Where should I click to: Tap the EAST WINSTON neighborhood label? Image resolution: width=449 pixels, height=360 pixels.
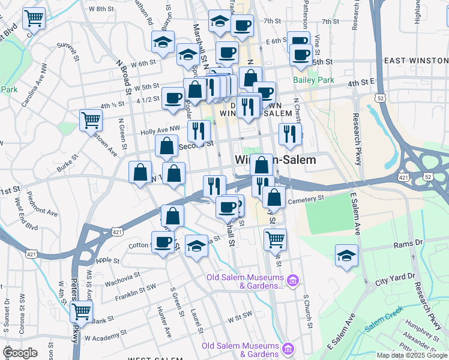coord(416,61)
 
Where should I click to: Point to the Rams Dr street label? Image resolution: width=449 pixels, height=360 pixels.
coord(408,245)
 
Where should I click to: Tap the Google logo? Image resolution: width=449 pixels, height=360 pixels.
coord(20,352)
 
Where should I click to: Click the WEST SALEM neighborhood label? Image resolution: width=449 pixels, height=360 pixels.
coord(155,358)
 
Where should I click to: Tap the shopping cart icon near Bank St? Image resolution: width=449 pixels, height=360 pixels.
coord(81,312)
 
